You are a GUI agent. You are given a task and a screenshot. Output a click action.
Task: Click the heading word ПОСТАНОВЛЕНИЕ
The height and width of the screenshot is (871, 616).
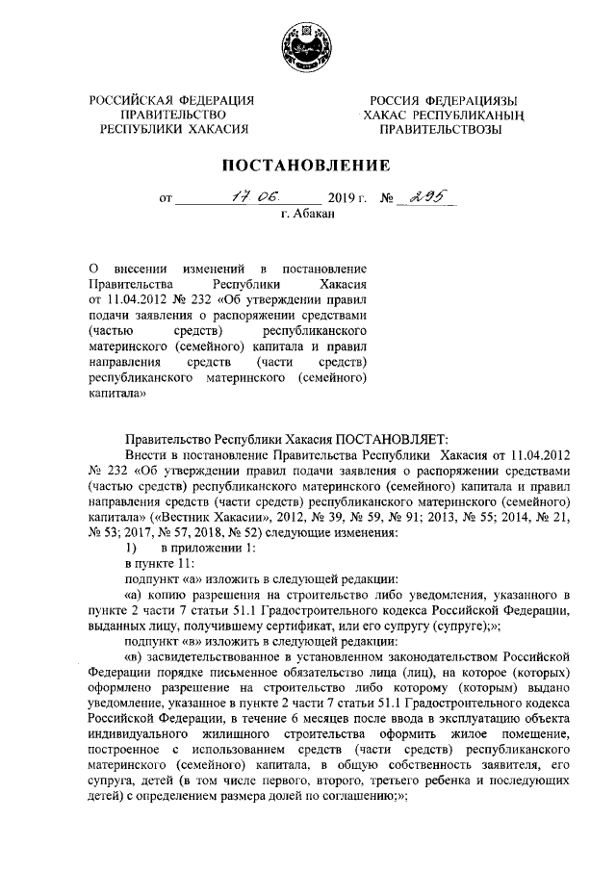pyautogui.click(x=307, y=164)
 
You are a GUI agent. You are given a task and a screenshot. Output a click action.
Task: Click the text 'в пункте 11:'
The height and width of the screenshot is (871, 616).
pyautogui.click(x=161, y=562)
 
